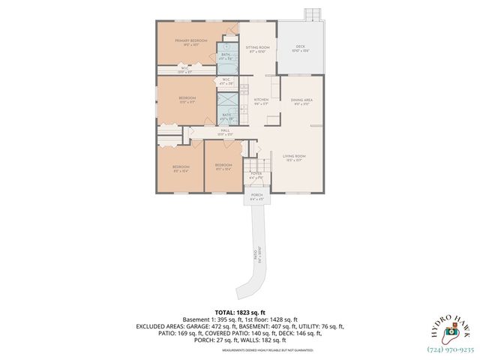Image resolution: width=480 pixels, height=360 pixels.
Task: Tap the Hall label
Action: coord(225,132)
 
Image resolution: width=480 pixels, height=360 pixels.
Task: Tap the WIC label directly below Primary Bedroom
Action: coord(184,70)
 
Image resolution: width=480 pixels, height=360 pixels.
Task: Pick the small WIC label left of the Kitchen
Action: coord(226,81)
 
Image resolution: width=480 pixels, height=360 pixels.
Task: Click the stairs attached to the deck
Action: coord(311,15)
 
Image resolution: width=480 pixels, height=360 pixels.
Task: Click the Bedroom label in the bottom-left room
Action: coord(181,167)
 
